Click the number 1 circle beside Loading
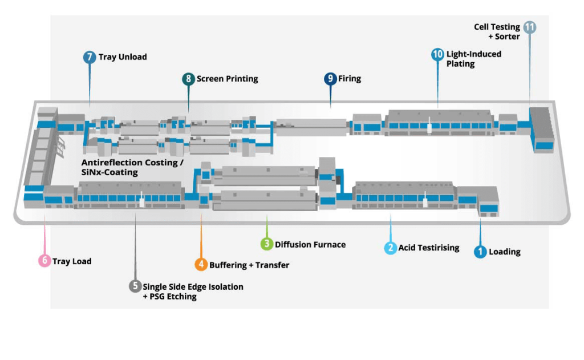tap(480, 252)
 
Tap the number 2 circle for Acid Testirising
tap(390, 248)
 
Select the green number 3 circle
tap(266, 244)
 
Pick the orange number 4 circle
tap(201, 265)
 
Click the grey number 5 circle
tap(135, 286)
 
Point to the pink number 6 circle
tap(44, 261)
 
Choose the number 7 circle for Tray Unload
tap(90, 57)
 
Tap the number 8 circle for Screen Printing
tap(188, 79)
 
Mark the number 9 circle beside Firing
tap(330, 79)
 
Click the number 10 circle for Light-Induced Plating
tap(437, 54)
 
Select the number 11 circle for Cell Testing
tap(530, 27)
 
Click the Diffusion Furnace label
tap(310, 245)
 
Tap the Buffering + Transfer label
tap(249, 265)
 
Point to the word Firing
tap(350, 79)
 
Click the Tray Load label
tap(72, 261)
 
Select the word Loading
tap(505, 252)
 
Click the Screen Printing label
tap(228, 79)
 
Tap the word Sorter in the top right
tap(507, 37)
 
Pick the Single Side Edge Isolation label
tap(193, 286)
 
